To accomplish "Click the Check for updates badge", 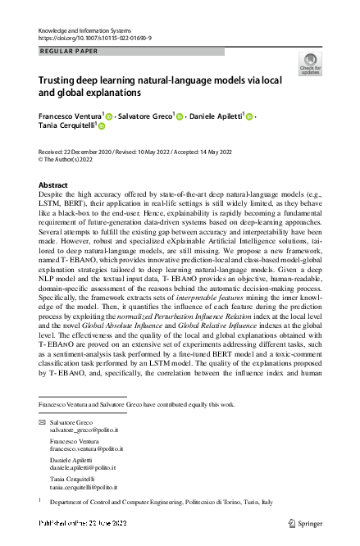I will (x=310, y=64).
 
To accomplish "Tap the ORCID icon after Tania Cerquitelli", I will (x=102, y=127).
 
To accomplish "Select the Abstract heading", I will (x=53, y=185).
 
